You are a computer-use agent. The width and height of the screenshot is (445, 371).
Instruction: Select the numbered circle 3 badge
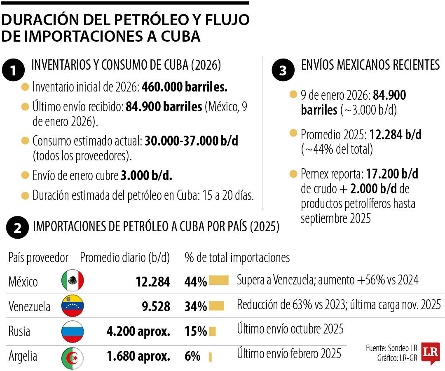tap(283, 70)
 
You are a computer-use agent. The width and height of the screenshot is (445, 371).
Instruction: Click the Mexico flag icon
tap(73, 281)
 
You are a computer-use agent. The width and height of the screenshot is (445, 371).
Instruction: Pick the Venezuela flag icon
tap(73, 306)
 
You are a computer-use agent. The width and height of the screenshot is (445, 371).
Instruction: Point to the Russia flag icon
tap(73, 331)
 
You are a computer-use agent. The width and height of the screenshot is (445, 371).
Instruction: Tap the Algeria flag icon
tap(73, 356)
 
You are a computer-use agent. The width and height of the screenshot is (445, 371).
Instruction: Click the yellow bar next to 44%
tap(218, 281)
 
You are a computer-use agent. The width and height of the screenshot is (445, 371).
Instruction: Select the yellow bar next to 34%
tap(216, 306)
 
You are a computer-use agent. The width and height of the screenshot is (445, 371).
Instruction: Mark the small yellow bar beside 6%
tap(210, 356)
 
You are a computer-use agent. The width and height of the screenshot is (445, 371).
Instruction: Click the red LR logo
tap(430, 353)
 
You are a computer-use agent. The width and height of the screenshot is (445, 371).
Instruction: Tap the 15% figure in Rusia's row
tap(196, 331)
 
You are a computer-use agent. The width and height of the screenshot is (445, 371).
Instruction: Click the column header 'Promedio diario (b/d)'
tap(125, 258)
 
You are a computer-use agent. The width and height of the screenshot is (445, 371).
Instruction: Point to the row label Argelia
tap(23, 356)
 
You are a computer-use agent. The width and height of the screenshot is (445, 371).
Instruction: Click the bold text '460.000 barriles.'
tap(185, 87)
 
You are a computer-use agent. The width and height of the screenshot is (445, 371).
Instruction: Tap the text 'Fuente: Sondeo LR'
tap(391, 348)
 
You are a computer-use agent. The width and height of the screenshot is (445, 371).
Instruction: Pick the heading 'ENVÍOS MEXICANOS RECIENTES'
tap(370, 65)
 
